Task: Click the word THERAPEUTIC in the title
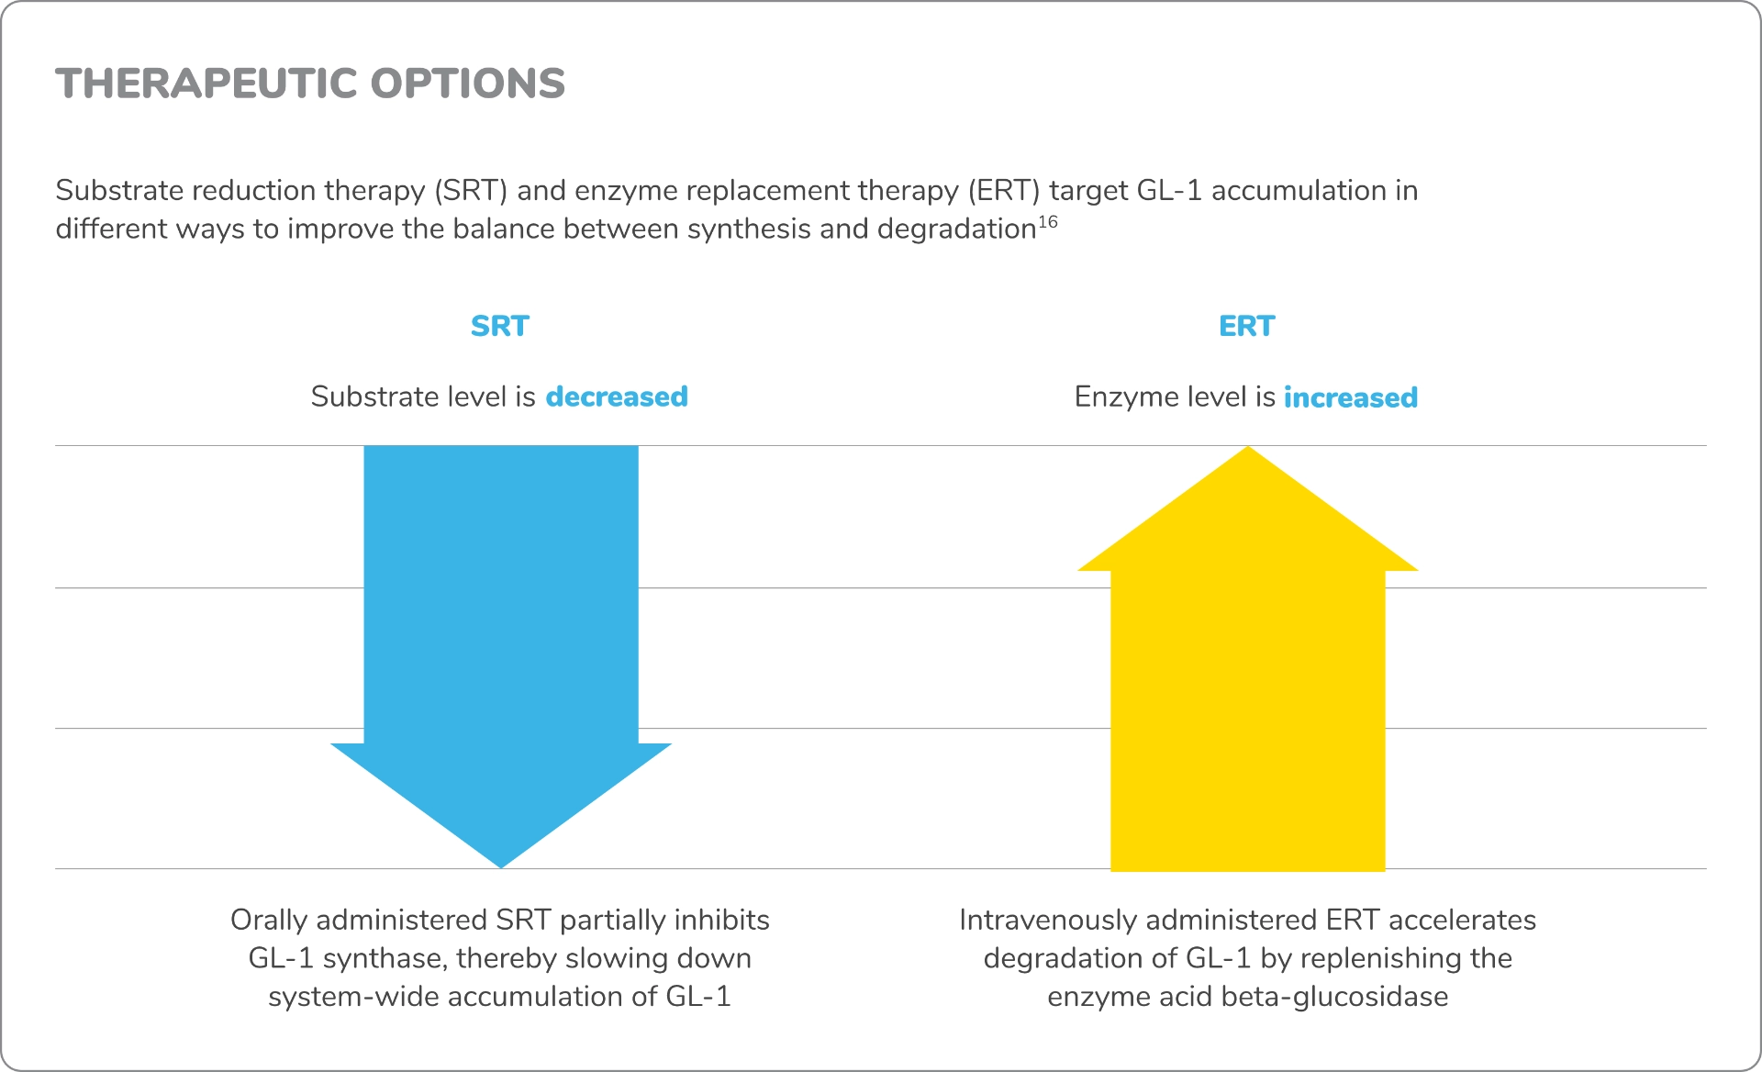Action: pos(206,84)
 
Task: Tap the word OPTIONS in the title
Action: pos(468,84)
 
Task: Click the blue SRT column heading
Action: pos(500,326)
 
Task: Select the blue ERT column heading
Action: pos(1246,326)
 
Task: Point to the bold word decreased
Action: pos(617,396)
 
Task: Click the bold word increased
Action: pos(1350,397)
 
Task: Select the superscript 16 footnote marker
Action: pos(1048,222)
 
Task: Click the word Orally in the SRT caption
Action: pos(269,920)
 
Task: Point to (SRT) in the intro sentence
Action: pos(471,190)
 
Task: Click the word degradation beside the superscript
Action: pos(956,229)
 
